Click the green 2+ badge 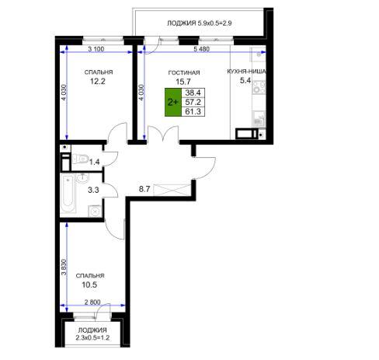point(173,102)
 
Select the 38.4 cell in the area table point(193,93)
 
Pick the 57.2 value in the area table point(193,102)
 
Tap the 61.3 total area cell point(193,111)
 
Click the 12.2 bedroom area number point(98,82)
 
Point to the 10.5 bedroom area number point(89,285)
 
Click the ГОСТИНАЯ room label point(184,73)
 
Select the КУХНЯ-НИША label point(246,72)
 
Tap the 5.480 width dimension point(202,49)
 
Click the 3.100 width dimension point(96,49)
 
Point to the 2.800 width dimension point(92,302)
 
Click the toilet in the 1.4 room point(81,159)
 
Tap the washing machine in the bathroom point(95,211)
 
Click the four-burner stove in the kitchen point(259,87)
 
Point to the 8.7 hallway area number point(144,189)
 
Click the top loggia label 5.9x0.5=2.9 point(214,23)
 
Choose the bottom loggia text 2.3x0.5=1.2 point(92,338)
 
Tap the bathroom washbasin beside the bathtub point(82,177)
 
